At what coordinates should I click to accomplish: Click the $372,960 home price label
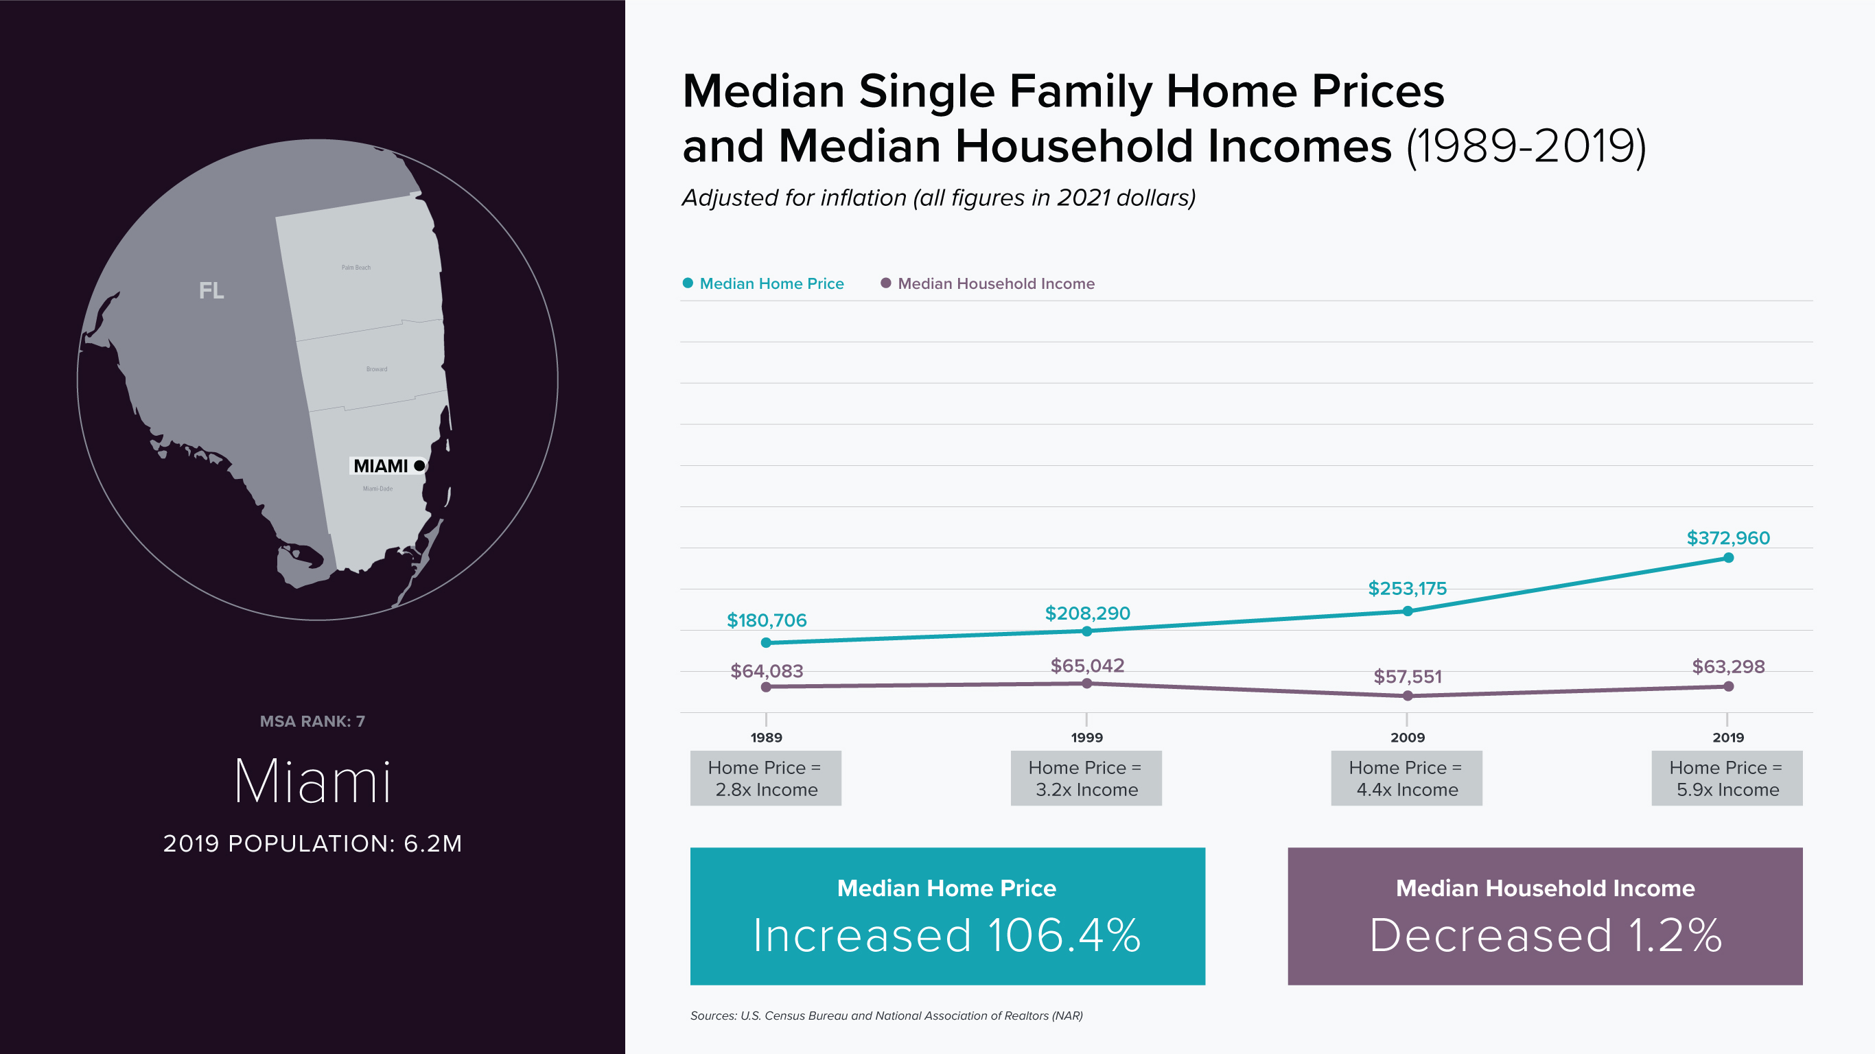click(x=1728, y=538)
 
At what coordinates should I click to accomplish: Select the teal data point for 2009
click(x=1407, y=611)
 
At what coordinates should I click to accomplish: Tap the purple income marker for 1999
click(x=1086, y=683)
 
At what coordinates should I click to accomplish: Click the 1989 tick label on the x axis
click(x=766, y=738)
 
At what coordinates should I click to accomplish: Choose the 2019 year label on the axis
click(x=1728, y=738)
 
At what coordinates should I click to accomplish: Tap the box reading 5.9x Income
click(x=1727, y=778)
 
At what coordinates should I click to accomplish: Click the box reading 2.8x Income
click(x=766, y=778)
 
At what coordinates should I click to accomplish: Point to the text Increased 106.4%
click(x=946, y=935)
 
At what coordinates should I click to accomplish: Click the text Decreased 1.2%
click(x=1545, y=935)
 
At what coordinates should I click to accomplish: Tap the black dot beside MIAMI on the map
click(x=419, y=465)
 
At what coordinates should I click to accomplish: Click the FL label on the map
click(x=211, y=290)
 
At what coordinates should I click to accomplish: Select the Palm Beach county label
click(x=356, y=267)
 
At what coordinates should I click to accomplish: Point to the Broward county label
click(x=376, y=369)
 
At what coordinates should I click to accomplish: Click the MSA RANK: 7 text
click(x=312, y=721)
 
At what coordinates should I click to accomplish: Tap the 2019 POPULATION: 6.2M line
click(x=312, y=843)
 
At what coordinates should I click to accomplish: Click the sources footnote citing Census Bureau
click(x=886, y=1016)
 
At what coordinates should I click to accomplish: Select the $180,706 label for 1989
click(x=767, y=620)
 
